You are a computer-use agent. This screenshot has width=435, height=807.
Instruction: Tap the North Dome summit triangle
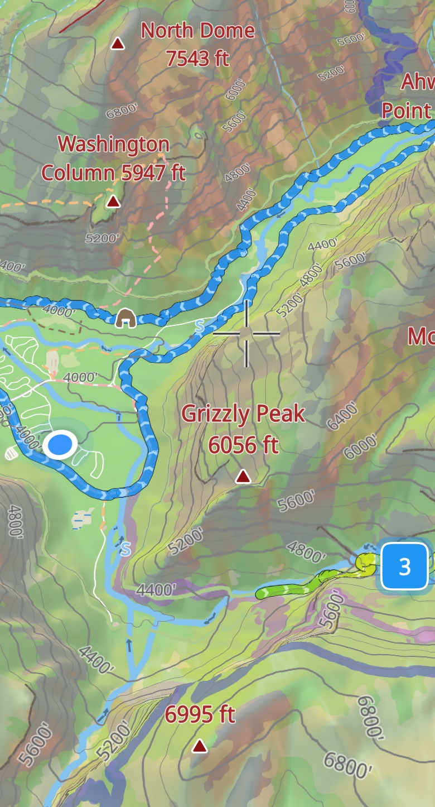[117, 44]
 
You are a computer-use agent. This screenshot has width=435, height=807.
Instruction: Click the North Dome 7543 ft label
[198, 44]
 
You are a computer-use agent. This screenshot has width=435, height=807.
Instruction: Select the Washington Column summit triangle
[113, 201]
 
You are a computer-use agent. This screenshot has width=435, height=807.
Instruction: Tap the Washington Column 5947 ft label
[114, 158]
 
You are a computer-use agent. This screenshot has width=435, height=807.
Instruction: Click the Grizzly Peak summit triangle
[243, 476]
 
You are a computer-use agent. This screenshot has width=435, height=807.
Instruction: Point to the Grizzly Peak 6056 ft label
[243, 429]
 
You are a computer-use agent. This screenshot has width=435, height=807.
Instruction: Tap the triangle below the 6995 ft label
[199, 746]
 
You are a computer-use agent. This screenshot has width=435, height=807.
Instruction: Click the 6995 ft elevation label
[200, 714]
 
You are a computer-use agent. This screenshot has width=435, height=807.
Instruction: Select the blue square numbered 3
[404, 566]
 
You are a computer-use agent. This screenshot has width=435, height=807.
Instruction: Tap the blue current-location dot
[61, 445]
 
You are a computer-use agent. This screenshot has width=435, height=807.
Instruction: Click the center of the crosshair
[246, 334]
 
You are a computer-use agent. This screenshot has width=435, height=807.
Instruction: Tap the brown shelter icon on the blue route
[126, 318]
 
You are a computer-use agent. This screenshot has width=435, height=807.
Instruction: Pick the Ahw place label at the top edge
[418, 81]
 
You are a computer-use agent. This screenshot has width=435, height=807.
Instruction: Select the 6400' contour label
[342, 416]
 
